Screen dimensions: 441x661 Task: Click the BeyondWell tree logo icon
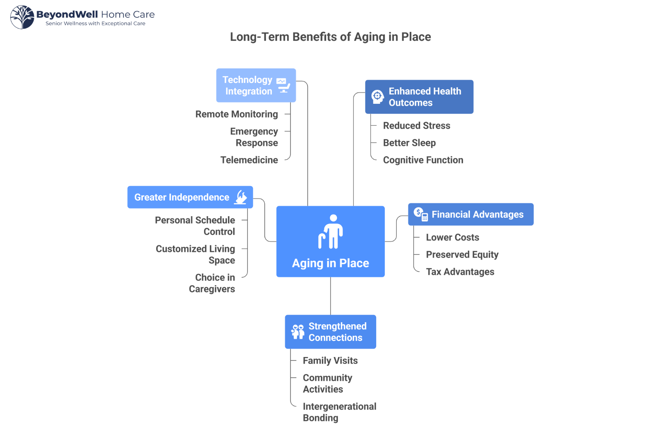point(22,17)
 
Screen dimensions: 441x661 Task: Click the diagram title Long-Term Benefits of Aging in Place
point(330,37)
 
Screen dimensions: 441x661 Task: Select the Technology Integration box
point(256,85)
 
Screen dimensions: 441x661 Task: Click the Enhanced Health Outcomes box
point(419,97)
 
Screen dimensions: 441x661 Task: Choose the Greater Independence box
point(190,197)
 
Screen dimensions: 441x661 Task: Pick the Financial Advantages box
point(470,214)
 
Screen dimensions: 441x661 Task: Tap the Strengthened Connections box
point(330,332)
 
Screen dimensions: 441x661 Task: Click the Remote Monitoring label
point(236,114)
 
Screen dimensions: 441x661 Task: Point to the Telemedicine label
point(249,160)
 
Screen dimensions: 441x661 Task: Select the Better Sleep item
point(409,143)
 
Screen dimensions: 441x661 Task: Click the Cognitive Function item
point(423,160)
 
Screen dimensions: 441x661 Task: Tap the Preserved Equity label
point(462,255)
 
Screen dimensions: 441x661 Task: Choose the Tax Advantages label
point(460,272)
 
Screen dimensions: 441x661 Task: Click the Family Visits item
point(330,360)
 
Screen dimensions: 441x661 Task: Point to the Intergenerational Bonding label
point(339,412)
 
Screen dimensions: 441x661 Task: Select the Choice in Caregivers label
point(213,283)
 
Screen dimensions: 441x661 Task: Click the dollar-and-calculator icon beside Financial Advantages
point(420,214)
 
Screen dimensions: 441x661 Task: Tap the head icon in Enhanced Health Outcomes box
point(377,96)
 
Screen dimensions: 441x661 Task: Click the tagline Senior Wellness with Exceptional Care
point(95,24)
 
